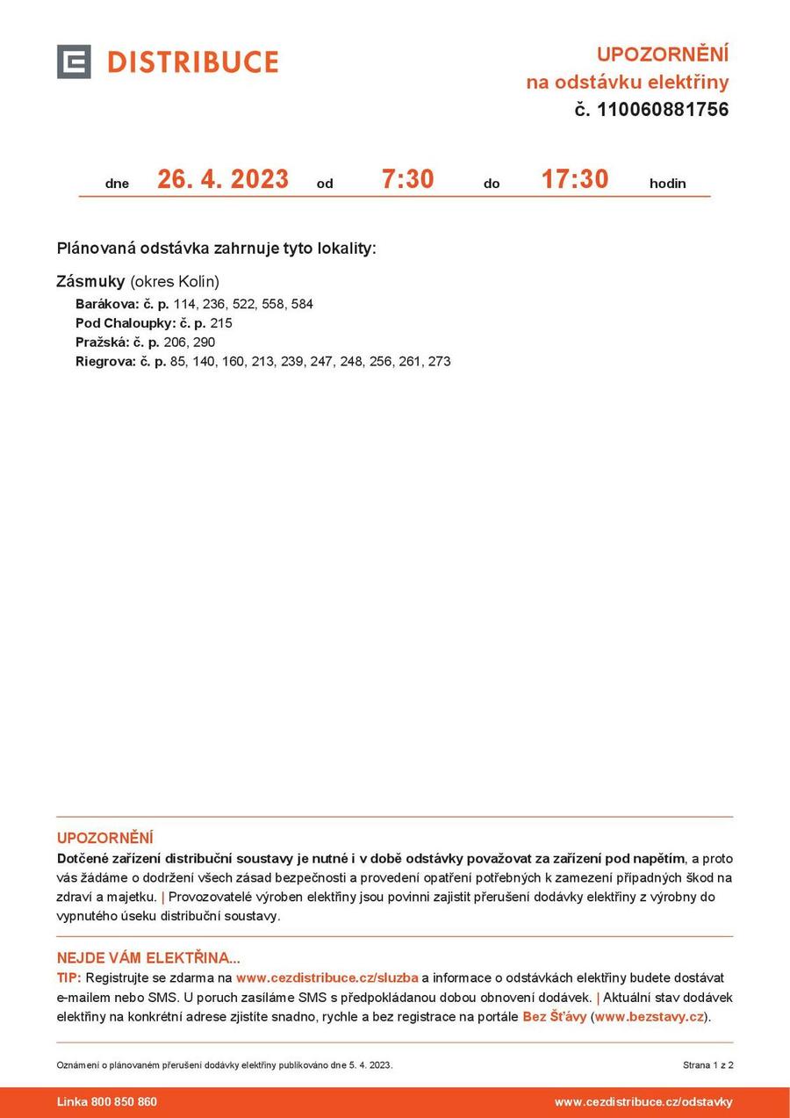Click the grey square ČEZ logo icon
pyautogui.click(x=74, y=61)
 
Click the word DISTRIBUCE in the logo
pyautogui.click(x=192, y=62)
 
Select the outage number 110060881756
pyautogui.click(x=663, y=110)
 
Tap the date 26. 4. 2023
pyautogui.click(x=223, y=179)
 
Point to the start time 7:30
pyautogui.click(x=407, y=179)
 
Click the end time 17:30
pyautogui.click(x=574, y=179)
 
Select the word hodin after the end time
pyautogui.click(x=667, y=184)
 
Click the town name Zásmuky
pyautogui.click(x=90, y=282)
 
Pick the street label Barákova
pyautogui.click(x=107, y=304)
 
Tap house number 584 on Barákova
pyautogui.click(x=302, y=304)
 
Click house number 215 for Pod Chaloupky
pyautogui.click(x=221, y=323)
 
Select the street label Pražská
pyautogui.click(x=102, y=343)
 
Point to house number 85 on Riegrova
pyautogui.click(x=178, y=362)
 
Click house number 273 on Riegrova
pyautogui.click(x=439, y=362)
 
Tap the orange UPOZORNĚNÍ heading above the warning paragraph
pyautogui.click(x=104, y=838)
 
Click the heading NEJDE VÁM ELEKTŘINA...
pyautogui.click(x=148, y=958)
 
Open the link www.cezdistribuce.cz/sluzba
pyautogui.click(x=327, y=977)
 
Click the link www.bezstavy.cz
pyautogui.click(x=650, y=1017)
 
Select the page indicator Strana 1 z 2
pyautogui.click(x=707, y=1065)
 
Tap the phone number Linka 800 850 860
pyautogui.click(x=107, y=1102)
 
